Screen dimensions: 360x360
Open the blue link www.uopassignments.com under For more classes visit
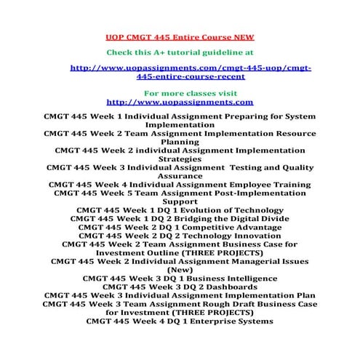179,102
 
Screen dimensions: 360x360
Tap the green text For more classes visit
179,93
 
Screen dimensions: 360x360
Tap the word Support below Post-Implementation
179,201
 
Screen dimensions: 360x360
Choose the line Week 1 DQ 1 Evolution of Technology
179,210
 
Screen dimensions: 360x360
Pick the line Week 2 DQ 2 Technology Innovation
179,236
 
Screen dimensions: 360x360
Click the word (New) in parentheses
179,269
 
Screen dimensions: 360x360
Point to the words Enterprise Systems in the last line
225,321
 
